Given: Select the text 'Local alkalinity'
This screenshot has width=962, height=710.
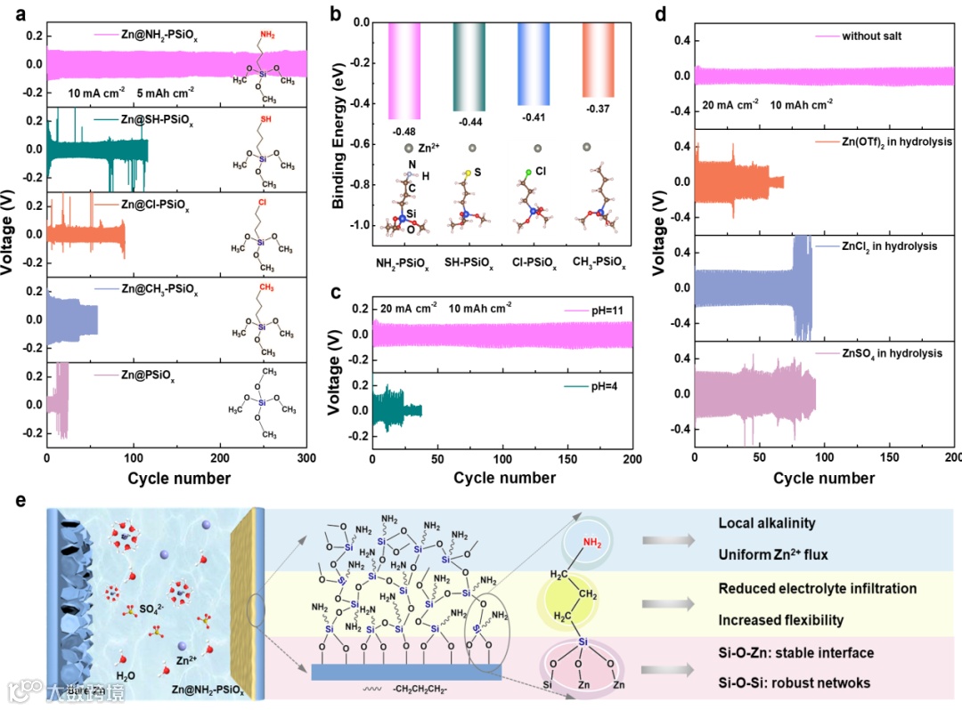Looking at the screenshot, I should coord(767,524).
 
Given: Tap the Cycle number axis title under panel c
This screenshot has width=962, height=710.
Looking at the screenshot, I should coord(504,478).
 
